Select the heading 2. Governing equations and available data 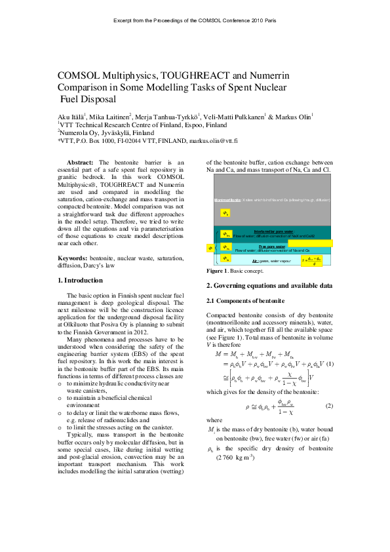(x=269, y=286)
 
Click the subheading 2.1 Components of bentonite (x=245, y=300)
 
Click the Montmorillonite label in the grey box (x=227, y=199)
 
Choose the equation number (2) (x=329, y=405)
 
